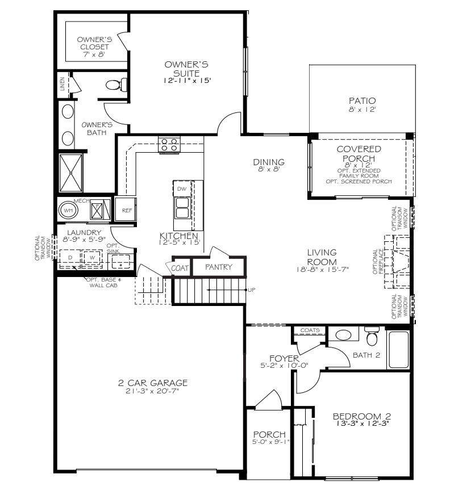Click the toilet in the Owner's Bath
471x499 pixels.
click(x=114, y=85)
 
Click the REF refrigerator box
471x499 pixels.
click(x=126, y=210)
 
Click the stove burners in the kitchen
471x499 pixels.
click(x=169, y=145)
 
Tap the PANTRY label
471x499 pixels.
click(x=219, y=267)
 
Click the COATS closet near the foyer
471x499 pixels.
click(x=310, y=330)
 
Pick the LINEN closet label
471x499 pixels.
click(x=62, y=85)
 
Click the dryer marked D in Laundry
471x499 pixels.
click(x=70, y=258)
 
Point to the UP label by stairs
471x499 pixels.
click(x=252, y=290)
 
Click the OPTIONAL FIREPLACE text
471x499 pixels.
click(x=376, y=262)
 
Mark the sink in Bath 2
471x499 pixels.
click(x=343, y=334)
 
